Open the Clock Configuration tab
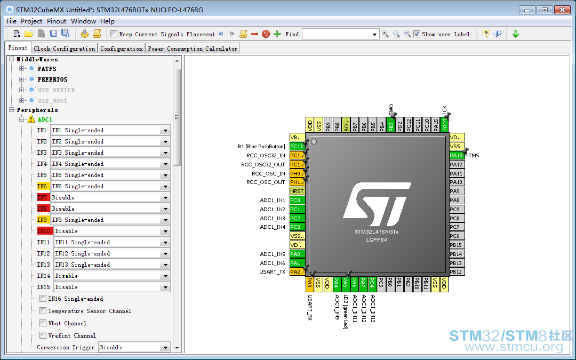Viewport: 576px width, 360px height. pos(65,49)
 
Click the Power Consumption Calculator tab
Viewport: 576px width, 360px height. pos(193,49)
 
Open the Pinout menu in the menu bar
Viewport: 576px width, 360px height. pos(57,21)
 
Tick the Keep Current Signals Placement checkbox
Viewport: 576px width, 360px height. pos(114,34)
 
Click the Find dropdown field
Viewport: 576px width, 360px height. pos(340,34)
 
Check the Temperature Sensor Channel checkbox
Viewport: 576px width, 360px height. pos(43,311)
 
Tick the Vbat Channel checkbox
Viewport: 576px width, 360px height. pos(43,323)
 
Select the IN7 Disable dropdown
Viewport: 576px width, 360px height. pos(110,198)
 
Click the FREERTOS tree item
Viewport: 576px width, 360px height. pos(52,79)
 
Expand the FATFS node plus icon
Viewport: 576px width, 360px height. pos(22,69)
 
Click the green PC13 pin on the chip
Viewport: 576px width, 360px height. pos(297,146)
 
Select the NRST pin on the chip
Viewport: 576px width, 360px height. pos(297,191)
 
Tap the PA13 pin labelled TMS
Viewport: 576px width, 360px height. pos(457,155)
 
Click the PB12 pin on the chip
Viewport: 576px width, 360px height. pos(457,272)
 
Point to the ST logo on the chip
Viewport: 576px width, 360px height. pos(377,204)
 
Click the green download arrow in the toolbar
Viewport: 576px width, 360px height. pos(516,34)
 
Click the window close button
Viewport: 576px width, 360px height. pos(562,10)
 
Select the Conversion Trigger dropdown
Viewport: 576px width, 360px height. pos(134,347)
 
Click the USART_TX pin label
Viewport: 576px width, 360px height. pos(272,272)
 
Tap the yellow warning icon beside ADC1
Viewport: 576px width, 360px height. pos(31,119)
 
